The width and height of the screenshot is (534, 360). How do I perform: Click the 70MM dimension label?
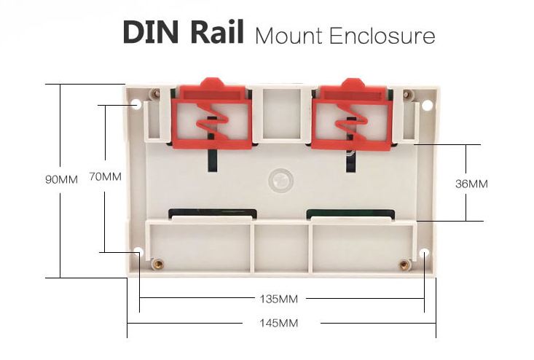(105, 176)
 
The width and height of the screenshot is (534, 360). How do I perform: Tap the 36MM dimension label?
(471, 184)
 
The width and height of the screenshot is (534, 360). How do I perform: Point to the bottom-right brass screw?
(403, 264)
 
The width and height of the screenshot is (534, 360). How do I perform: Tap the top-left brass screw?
(154, 93)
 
